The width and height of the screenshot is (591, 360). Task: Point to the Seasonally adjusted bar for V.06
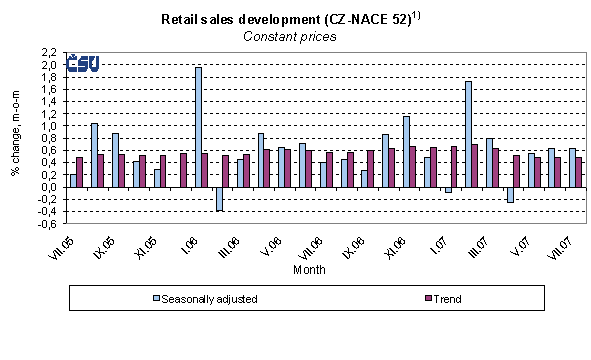[261, 160]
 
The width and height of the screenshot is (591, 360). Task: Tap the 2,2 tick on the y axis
[48, 52]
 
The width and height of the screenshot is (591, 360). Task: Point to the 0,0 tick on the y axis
[48, 187]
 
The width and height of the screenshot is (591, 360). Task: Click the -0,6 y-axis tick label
[46, 224]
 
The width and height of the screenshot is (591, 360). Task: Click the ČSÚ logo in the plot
[82, 64]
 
